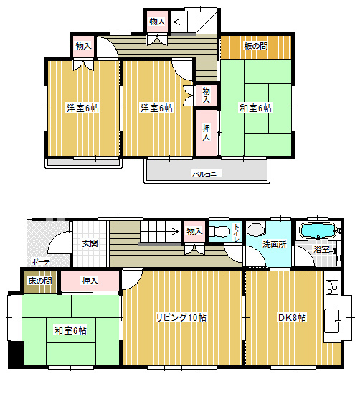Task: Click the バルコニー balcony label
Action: [207, 174]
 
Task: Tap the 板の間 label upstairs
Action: [256, 46]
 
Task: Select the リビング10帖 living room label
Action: [181, 317]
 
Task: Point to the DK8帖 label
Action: [292, 317]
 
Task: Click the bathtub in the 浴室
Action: [318, 230]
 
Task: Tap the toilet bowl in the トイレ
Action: [219, 231]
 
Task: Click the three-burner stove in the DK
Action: [332, 288]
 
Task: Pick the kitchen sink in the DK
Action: [332, 321]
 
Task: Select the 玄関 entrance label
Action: [90, 243]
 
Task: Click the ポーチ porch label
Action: [41, 262]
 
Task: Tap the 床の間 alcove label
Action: [40, 281]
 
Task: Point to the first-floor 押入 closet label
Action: [90, 281]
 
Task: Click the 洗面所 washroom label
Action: [275, 244]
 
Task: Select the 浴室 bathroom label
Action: [321, 249]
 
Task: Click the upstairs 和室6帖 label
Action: [255, 108]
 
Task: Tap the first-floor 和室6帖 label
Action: [70, 331]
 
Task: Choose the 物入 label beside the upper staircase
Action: [157, 22]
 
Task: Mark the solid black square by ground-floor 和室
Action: [16, 353]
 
